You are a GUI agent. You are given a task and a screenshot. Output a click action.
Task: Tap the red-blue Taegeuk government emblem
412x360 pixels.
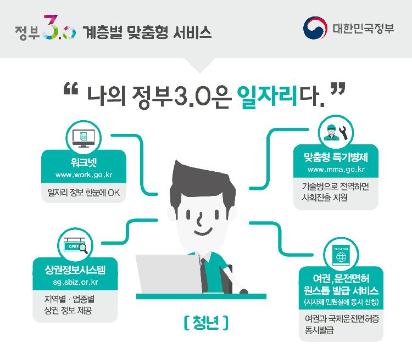click(315, 28)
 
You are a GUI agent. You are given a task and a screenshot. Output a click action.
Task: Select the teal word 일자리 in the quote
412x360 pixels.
click(268, 97)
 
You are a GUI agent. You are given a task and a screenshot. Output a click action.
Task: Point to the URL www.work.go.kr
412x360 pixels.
click(84, 175)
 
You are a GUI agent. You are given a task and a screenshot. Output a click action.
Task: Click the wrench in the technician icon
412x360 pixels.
click(343, 133)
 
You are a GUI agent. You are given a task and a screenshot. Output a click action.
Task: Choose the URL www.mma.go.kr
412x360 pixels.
click(336, 170)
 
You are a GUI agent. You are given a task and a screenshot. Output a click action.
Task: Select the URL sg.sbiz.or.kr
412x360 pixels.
click(75, 282)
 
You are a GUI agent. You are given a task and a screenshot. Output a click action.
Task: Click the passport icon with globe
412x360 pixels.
click(341, 256)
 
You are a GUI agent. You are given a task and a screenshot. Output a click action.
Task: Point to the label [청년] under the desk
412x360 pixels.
click(206, 323)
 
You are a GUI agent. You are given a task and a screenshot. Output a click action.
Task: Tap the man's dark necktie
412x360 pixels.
click(204, 275)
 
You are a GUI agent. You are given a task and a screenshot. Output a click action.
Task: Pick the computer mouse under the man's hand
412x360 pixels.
click(244, 291)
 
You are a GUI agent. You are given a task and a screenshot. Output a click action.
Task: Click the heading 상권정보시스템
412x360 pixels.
click(75, 270)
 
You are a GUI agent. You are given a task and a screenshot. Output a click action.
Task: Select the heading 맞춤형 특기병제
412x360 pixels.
click(336, 157)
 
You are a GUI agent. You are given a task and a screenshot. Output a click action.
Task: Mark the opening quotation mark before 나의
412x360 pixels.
click(71, 88)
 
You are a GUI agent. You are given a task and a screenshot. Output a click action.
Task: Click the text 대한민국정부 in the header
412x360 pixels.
click(364, 29)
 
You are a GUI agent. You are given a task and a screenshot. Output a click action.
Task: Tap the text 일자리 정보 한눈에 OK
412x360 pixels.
click(83, 193)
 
